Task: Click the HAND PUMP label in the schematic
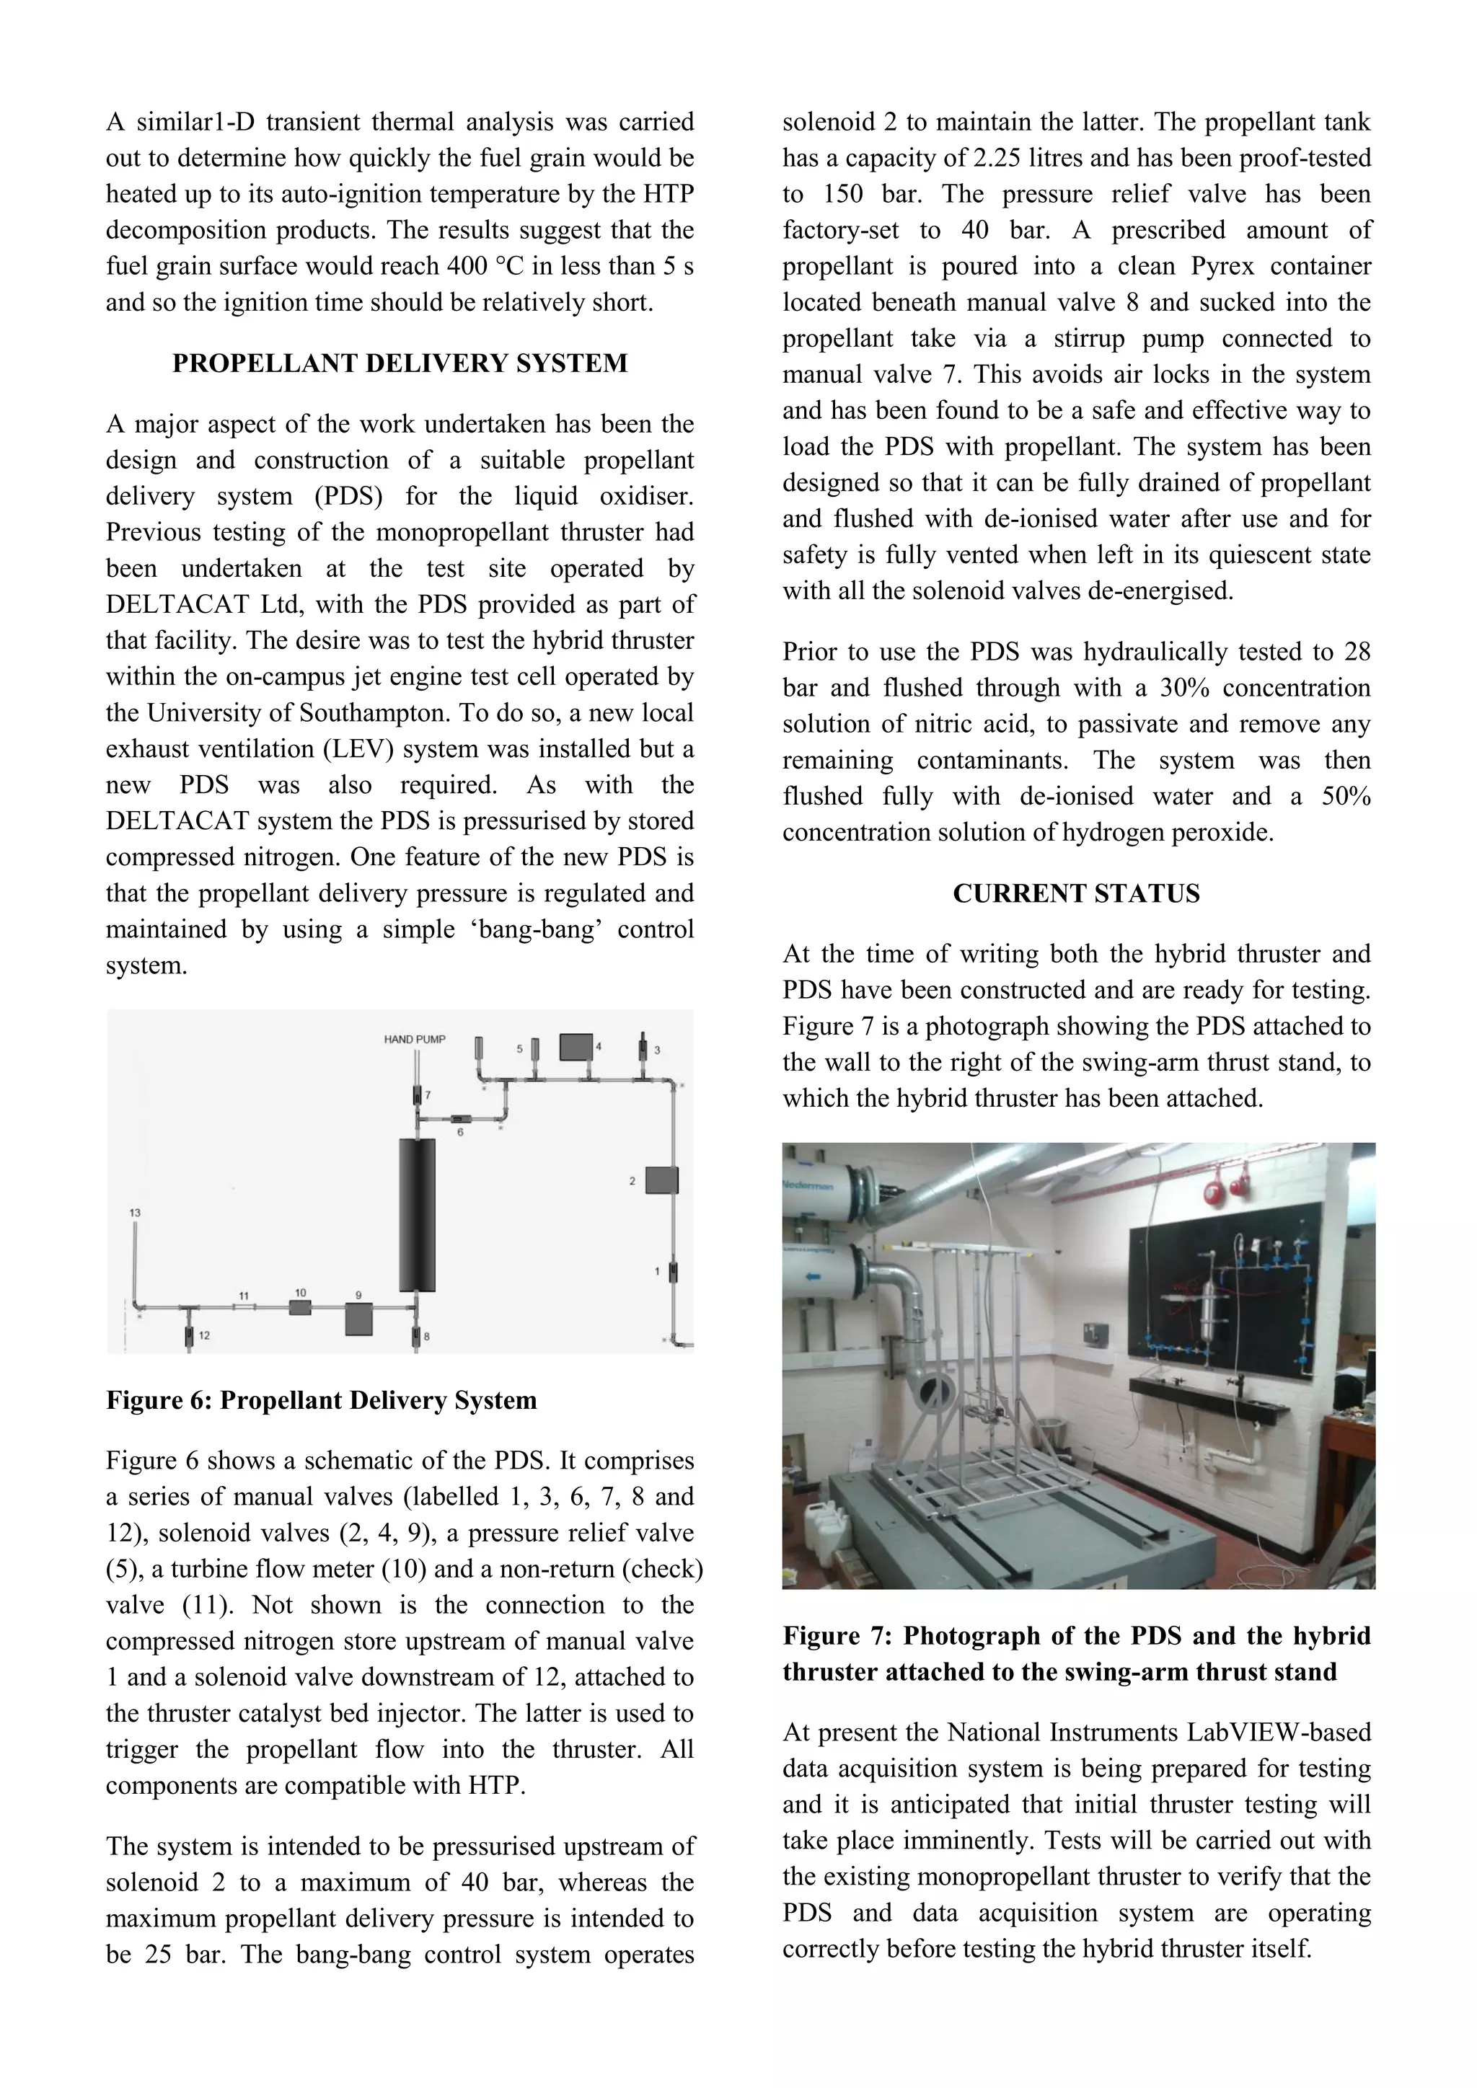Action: coord(414,1038)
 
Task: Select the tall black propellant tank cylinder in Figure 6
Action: coord(418,1213)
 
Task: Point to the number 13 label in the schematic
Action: coord(135,1212)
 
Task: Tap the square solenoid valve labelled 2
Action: coord(661,1180)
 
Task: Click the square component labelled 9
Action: coord(359,1319)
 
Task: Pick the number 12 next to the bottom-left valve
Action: coord(205,1335)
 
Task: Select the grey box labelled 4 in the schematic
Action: coord(575,1047)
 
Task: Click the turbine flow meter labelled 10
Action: coord(300,1308)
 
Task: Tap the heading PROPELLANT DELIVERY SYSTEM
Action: coord(400,363)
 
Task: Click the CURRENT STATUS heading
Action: coord(1076,893)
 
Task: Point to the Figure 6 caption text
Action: coord(321,1399)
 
